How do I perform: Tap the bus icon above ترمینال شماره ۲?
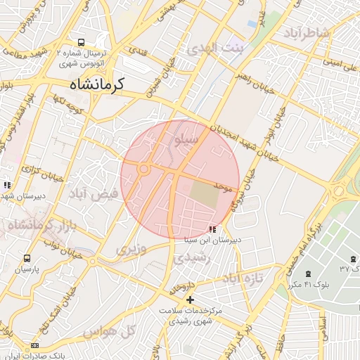click(x=82, y=42)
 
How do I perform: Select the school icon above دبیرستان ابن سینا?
click(x=212, y=229)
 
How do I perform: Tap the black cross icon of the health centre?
click(x=190, y=300)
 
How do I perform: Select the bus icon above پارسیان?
click(x=27, y=259)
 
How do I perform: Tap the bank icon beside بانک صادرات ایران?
click(x=35, y=346)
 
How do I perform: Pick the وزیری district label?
click(x=131, y=248)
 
